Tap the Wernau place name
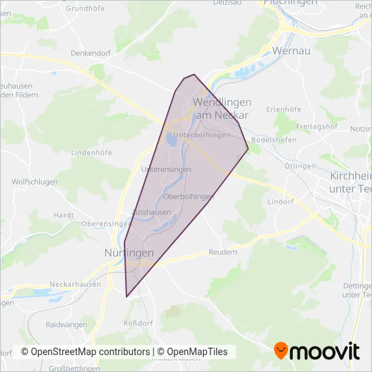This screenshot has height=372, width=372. (x=290, y=51)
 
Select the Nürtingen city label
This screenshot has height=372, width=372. (x=129, y=252)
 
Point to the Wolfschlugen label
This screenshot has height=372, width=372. (x=33, y=182)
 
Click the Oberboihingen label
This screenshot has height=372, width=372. (x=189, y=196)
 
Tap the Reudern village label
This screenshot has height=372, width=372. (x=223, y=252)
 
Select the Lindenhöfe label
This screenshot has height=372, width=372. (x=91, y=152)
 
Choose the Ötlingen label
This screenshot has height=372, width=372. (x=300, y=166)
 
